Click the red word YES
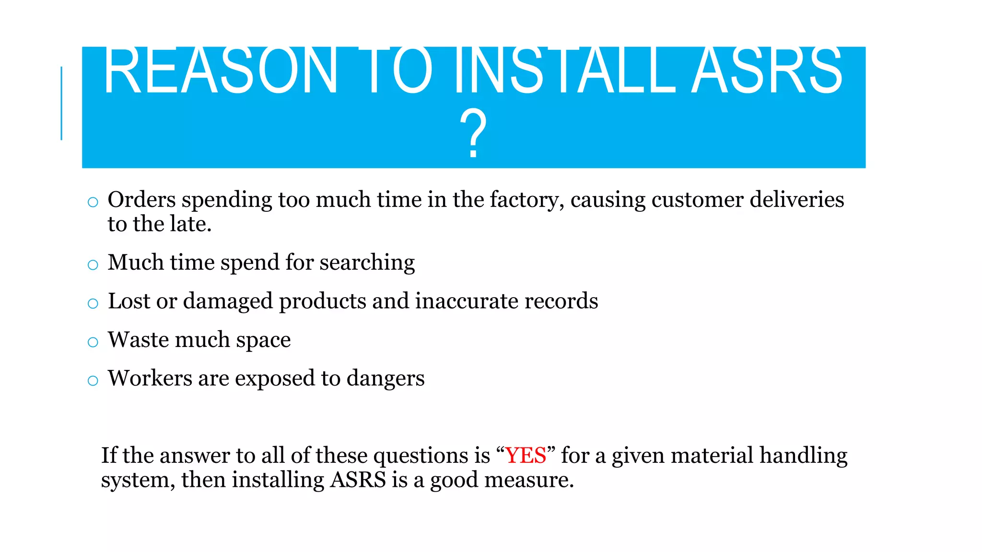526,455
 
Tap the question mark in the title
473,134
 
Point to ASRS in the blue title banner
767,71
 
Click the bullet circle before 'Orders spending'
93,202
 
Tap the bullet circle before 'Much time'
93,264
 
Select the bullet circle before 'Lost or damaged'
93,303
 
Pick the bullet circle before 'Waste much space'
93,342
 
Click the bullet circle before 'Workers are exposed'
93,381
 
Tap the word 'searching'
367,263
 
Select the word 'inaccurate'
467,301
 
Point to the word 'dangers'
386,379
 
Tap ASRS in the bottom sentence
358,480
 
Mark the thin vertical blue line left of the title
61,103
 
